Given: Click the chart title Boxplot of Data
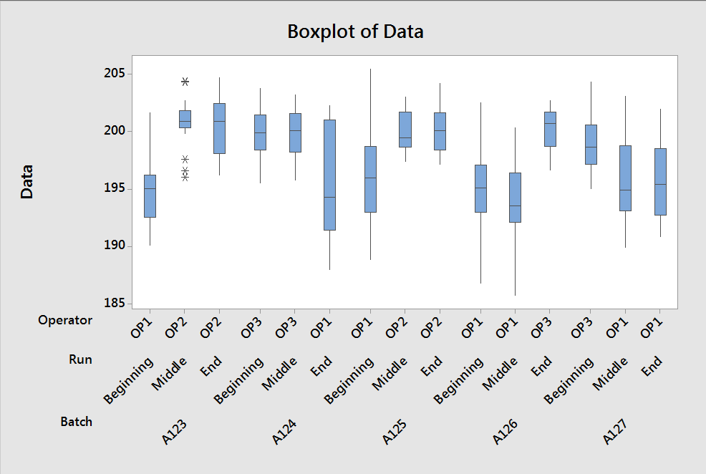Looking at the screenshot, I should pos(354,32).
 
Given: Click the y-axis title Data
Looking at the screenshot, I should pos(27,182).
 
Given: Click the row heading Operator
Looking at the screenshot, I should pos(65,320).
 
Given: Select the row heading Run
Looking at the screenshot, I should pos(80,359).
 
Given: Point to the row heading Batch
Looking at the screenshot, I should pos(76,422).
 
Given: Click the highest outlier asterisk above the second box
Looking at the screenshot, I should pos(185,82).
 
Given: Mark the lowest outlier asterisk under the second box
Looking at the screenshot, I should pos(185,177).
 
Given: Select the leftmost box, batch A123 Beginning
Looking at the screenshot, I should pos(150,195).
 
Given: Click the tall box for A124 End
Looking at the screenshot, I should pos(329,175).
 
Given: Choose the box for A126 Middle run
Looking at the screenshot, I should pos(515,198).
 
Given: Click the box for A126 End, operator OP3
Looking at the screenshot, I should pos(549,129).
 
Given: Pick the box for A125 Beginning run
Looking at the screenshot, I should pos(370,179).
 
